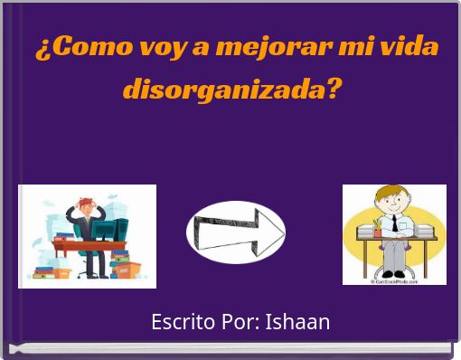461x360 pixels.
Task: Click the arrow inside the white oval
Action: [x=236, y=232]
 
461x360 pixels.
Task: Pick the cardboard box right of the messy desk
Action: [x=127, y=270]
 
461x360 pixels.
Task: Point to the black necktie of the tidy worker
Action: [x=394, y=223]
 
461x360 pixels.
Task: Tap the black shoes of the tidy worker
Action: [x=394, y=273]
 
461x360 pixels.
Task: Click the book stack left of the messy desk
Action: [x=44, y=270]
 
